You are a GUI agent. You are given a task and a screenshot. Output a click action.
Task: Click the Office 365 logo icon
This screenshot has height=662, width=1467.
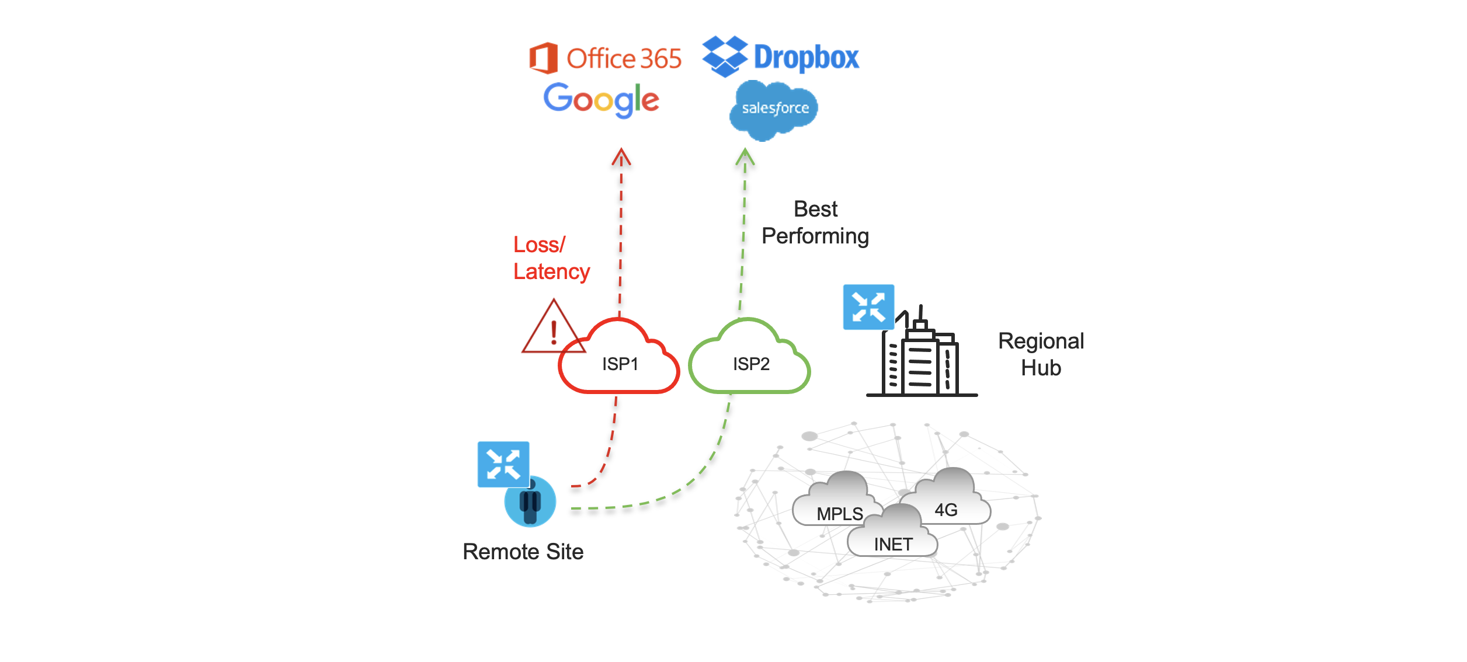pos(543,58)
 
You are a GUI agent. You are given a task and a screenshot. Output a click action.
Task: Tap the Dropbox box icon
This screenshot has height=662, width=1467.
pos(724,56)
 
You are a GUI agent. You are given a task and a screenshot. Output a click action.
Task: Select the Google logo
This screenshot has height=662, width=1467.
pos(601,100)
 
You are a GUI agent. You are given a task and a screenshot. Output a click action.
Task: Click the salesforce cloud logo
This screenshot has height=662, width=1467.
pos(774,110)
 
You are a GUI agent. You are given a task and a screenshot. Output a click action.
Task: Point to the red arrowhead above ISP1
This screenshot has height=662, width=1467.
pos(621,156)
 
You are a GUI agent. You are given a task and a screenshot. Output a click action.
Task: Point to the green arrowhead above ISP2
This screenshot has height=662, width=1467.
pos(745,156)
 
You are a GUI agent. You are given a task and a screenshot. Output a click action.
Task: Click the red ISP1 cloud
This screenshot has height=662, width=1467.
pos(619,362)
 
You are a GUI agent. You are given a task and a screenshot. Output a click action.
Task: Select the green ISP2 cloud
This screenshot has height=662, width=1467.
pos(750,362)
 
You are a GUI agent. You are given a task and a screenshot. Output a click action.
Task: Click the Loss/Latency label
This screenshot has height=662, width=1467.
pos(551,258)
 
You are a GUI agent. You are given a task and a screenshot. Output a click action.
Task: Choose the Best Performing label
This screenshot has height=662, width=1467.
pos(815,222)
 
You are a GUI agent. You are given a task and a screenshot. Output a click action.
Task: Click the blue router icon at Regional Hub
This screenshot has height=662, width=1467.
pos(868,307)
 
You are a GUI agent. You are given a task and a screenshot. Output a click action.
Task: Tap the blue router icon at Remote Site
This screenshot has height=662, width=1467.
pos(503,464)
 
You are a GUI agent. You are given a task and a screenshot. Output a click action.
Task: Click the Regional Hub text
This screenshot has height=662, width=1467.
pos(1041,354)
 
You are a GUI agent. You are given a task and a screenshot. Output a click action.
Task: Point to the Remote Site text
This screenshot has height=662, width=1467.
pos(523,552)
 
